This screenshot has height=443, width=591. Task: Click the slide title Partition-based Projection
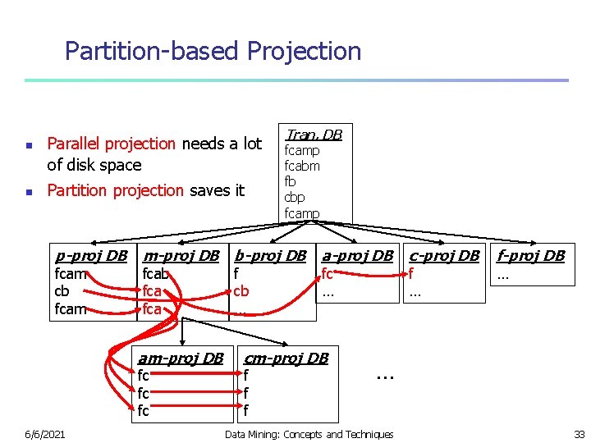213,52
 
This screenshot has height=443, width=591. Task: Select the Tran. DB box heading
313,135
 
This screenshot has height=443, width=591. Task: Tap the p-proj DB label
89,255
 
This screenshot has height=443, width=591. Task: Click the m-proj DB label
181,255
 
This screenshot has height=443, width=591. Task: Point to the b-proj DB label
270,255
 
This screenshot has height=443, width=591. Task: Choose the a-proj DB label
358,255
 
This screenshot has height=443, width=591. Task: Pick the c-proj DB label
444,255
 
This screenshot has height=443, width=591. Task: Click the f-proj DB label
531,255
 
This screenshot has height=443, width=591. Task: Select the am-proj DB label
181,358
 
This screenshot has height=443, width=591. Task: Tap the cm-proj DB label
286,358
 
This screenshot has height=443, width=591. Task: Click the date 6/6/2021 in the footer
45,434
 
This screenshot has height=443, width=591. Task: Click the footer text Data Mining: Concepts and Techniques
309,434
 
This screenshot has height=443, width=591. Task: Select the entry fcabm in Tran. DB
302,166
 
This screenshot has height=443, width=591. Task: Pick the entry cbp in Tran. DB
294,198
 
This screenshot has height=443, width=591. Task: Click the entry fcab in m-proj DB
155,274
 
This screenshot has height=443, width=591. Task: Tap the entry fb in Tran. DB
290,181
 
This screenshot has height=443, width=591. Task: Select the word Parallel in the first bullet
75,144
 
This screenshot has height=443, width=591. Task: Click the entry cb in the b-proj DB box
241,291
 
